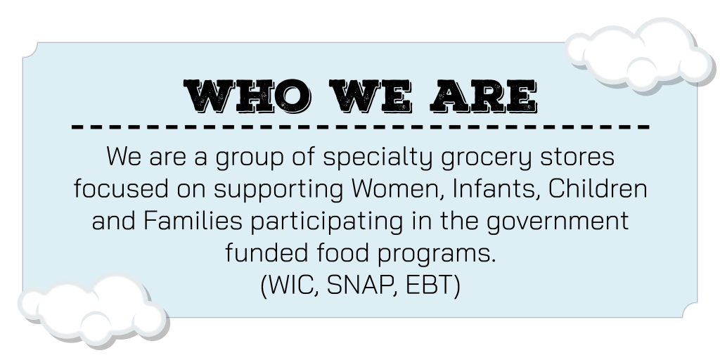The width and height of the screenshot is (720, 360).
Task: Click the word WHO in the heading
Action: click(247, 96)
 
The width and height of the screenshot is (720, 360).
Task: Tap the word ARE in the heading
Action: click(484, 96)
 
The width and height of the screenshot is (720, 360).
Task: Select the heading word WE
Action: click(370, 96)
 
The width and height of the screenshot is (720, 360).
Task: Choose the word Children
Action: click(598, 188)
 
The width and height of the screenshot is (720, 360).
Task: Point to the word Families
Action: click(193, 220)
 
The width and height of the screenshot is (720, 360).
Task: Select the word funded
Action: click(266, 252)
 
